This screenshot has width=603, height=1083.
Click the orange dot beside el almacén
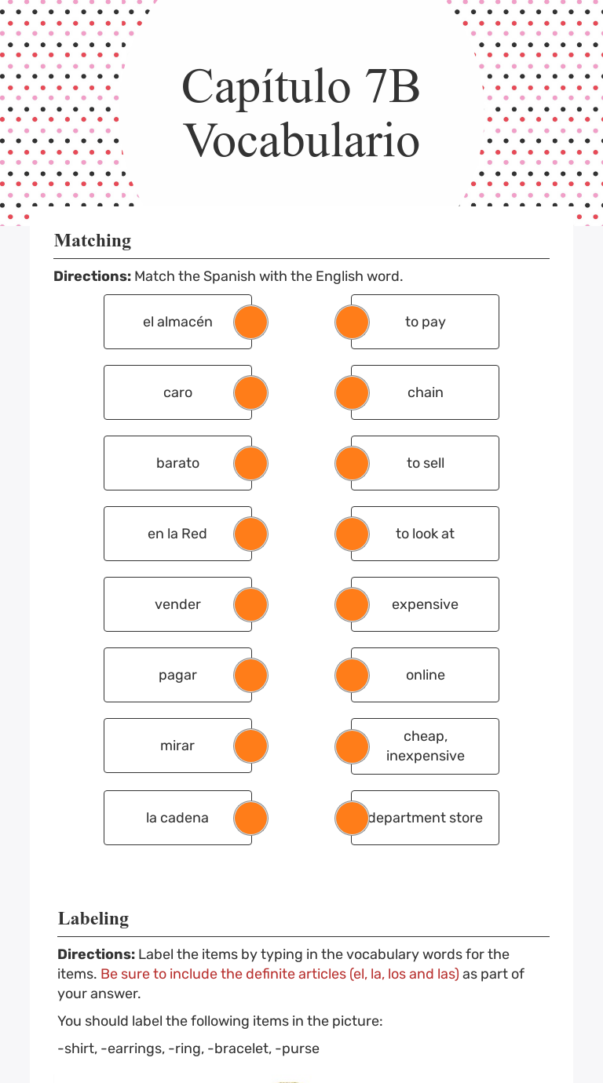[x=251, y=322]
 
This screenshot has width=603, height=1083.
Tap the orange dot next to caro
[x=251, y=392]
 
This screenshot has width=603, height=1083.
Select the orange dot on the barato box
[x=251, y=463]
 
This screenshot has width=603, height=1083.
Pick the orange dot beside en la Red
[x=251, y=534]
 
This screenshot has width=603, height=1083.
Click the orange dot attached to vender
[x=251, y=604]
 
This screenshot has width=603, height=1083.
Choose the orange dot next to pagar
[x=251, y=675]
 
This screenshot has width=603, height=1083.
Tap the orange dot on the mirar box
[x=251, y=746]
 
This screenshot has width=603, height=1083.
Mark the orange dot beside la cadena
[x=251, y=818]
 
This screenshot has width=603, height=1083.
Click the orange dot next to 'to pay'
[x=352, y=322]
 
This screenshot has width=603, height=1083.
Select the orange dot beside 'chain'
[x=352, y=392]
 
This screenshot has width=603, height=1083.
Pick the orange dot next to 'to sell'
[x=352, y=463]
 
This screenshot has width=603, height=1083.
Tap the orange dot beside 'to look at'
[x=352, y=534]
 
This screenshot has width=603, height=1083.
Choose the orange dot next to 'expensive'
[x=352, y=604]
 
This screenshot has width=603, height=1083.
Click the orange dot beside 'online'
[x=352, y=675]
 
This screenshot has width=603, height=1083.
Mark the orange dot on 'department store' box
[x=352, y=818]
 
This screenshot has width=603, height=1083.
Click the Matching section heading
[x=93, y=241]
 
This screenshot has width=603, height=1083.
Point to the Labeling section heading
[x=93, y=919]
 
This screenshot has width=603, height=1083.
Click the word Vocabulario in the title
[x=301, y=141]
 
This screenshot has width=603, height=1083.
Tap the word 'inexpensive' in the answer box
[x=425, y=756]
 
